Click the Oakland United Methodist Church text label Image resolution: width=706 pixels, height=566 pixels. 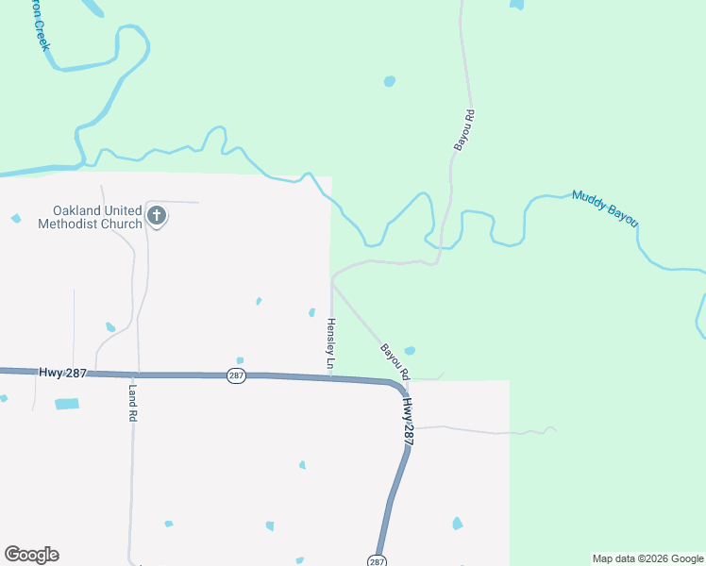pyautogui.click(x=90, y=217)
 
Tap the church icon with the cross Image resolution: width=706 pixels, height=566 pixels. pyautogui.click(x=157, y=217)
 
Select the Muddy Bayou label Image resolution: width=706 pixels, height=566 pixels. pyautogui.click(x=605, y=208)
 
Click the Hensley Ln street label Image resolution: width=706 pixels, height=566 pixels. pyautogui.click(x=330, y=343)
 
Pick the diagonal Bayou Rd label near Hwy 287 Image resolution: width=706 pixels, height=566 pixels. pyautogui.click(x=395, y=361)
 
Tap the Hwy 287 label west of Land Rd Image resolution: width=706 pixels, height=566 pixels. pyautogui.click(x=63, y=373)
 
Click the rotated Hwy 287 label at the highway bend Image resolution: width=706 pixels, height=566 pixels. pyautogui.click(x=408, y=420)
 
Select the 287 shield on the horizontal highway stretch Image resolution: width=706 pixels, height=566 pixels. pyautogui.click(x=236, y=375)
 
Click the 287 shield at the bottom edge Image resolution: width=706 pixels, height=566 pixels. pyautogui.click(x=377, y=561)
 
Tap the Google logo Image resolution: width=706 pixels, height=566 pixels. pyautogui.click(x=31, y=555)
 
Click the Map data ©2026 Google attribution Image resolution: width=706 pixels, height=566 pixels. pyautogui.click(x=647, y=558)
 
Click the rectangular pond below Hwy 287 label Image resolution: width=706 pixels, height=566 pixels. pyautogui.click(x=67, y=404)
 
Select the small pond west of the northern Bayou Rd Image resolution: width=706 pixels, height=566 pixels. pyautogui.click(x=389, y=82)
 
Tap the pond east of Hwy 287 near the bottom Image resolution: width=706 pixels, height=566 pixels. pyautogui.click(x=458, y=524)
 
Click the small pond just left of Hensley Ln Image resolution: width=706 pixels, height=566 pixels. pyautogui.click(x=311, y=312)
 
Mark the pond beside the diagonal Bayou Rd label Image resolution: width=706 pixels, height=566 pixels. pyautogui.click(x=409, y=351)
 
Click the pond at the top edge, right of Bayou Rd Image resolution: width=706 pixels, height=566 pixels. pyautogui.click(x=516, y=4)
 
